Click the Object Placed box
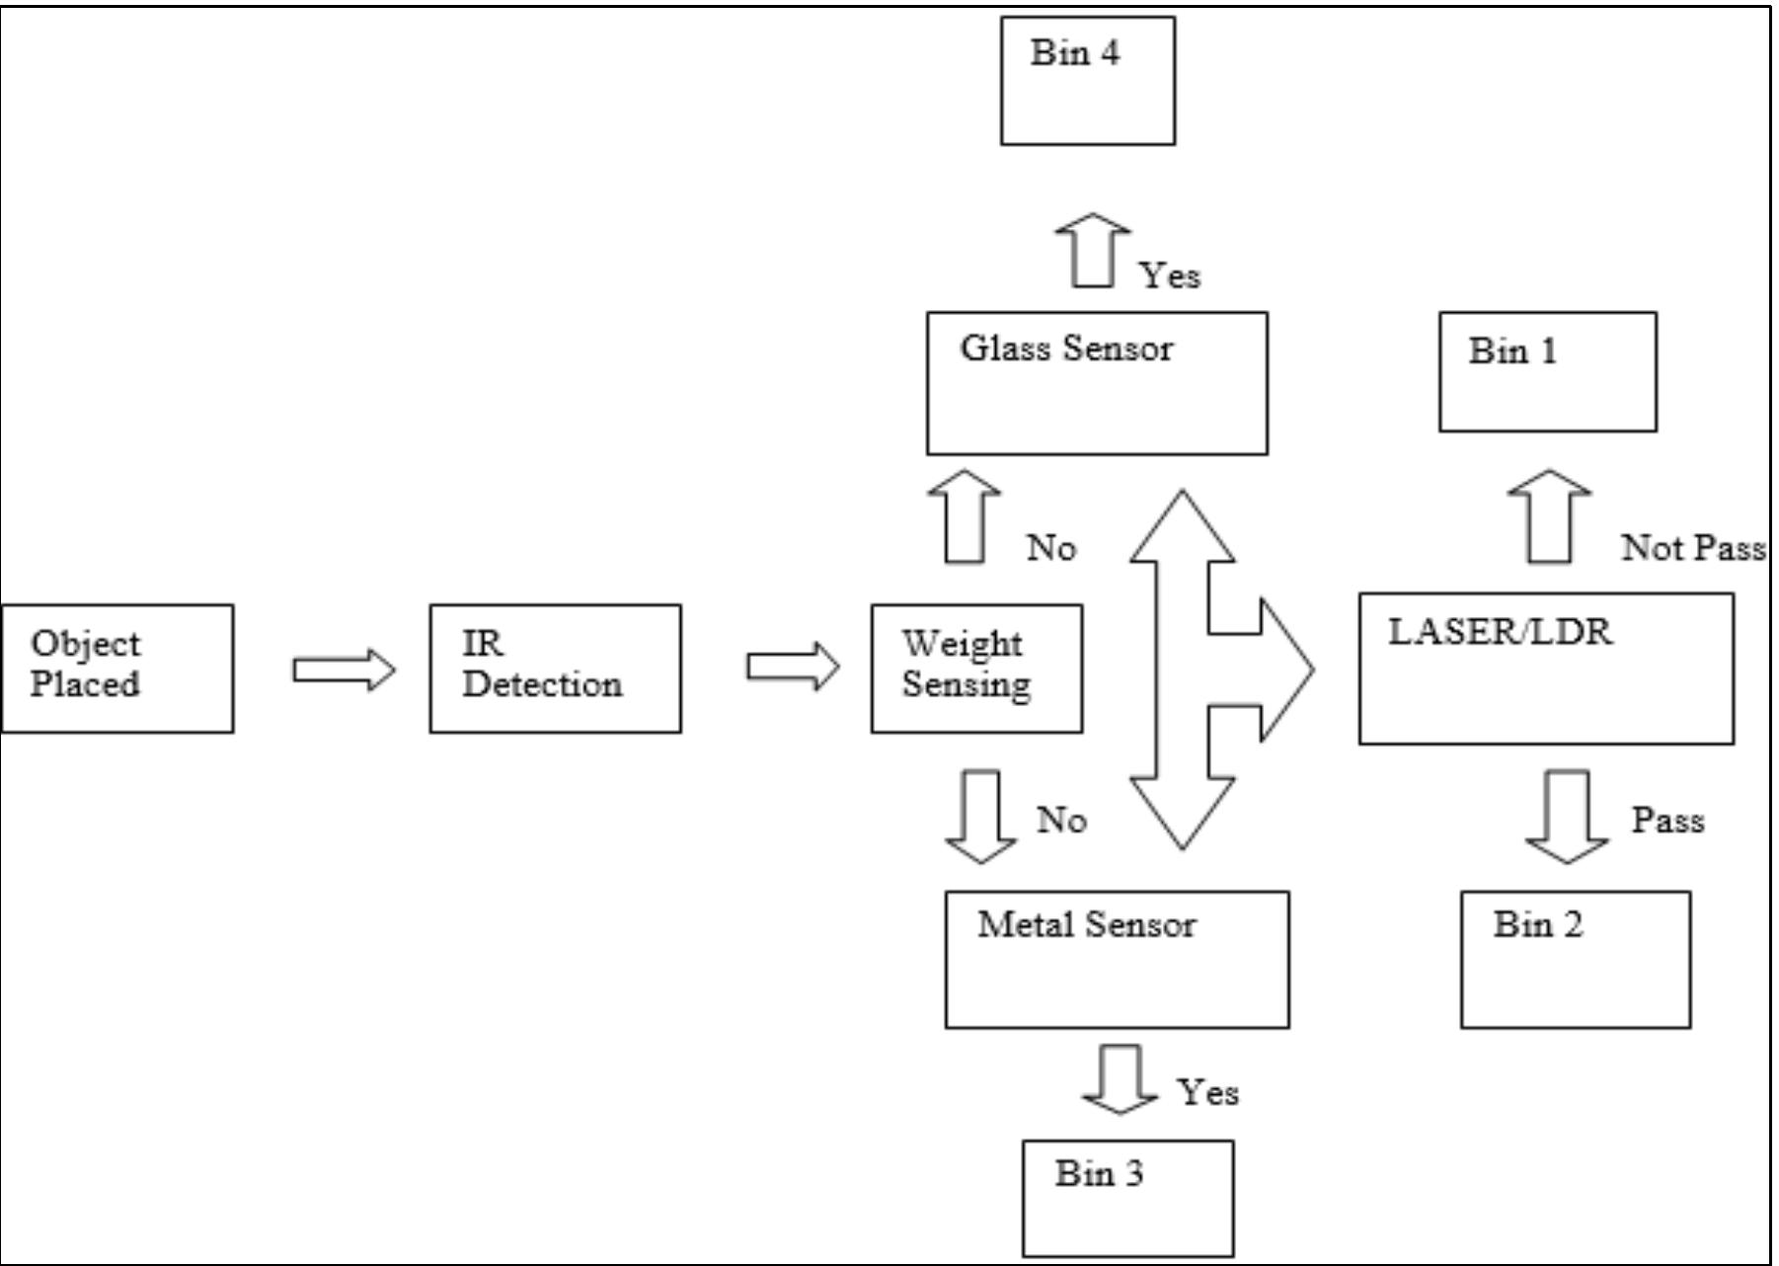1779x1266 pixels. [117, 669]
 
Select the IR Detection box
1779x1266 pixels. [555, 669]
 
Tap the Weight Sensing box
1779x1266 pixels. [976, 669]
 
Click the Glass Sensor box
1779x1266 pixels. [1097, 384]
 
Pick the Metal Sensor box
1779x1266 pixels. [1117, 960]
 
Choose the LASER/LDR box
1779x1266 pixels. [1546, 669]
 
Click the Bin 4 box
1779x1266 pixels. [1088, 81]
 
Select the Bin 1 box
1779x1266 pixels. [1547, 372]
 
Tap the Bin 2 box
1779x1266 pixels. [1576, 960]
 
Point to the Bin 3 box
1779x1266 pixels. [1127, 1198]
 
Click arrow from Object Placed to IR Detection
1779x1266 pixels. [344, 670]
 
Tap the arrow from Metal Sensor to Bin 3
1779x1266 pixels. [1121, 1080]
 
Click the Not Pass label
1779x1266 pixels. [1693, 548]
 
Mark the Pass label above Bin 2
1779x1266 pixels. [1667, 820]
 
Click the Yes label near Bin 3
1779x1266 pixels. [1207, 1092]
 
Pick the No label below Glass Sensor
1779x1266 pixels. [1051, 548]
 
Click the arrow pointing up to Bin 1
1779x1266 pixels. [1550, 517]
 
